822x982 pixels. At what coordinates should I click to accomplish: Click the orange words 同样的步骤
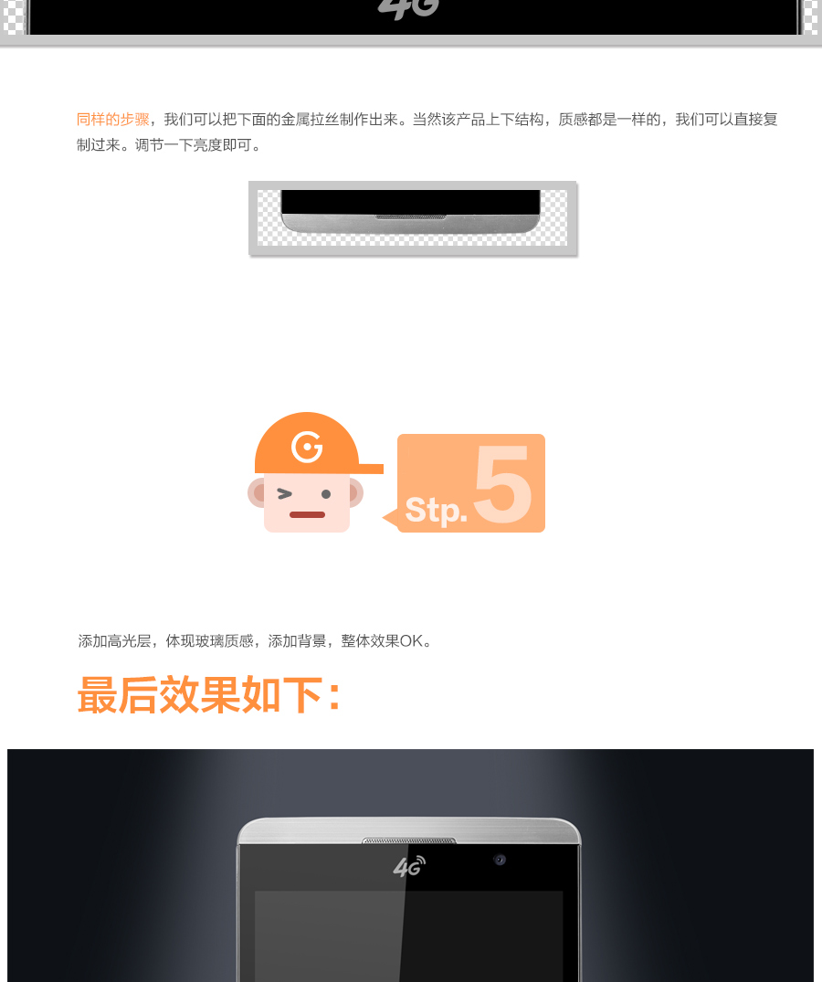tap(112, 119)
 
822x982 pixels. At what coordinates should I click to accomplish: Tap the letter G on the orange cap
tap(307, 447)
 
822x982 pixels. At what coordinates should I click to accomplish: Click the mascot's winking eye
tap(285, 494)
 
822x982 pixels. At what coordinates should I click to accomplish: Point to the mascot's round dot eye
tap(326, 494)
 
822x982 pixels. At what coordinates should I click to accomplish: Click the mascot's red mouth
tap(307, 515)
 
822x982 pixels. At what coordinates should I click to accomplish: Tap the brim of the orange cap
tap(371, 469)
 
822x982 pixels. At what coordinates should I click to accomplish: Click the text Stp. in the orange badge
tap(437, 511)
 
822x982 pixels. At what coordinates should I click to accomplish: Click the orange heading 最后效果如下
tap(209, 694)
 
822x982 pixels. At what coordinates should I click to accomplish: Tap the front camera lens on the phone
tap(500, 860)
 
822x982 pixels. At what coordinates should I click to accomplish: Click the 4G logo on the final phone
tap(409, 865)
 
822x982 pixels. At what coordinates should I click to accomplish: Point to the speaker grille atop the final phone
tap(409, 840)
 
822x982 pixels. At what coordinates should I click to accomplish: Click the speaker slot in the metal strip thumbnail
tap(411, 217)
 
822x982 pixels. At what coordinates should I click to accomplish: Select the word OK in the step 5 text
tap(411, 641)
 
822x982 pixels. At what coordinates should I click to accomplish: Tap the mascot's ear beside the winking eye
tap(256, 493)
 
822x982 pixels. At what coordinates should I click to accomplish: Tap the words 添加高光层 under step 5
tap(114, 641)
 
